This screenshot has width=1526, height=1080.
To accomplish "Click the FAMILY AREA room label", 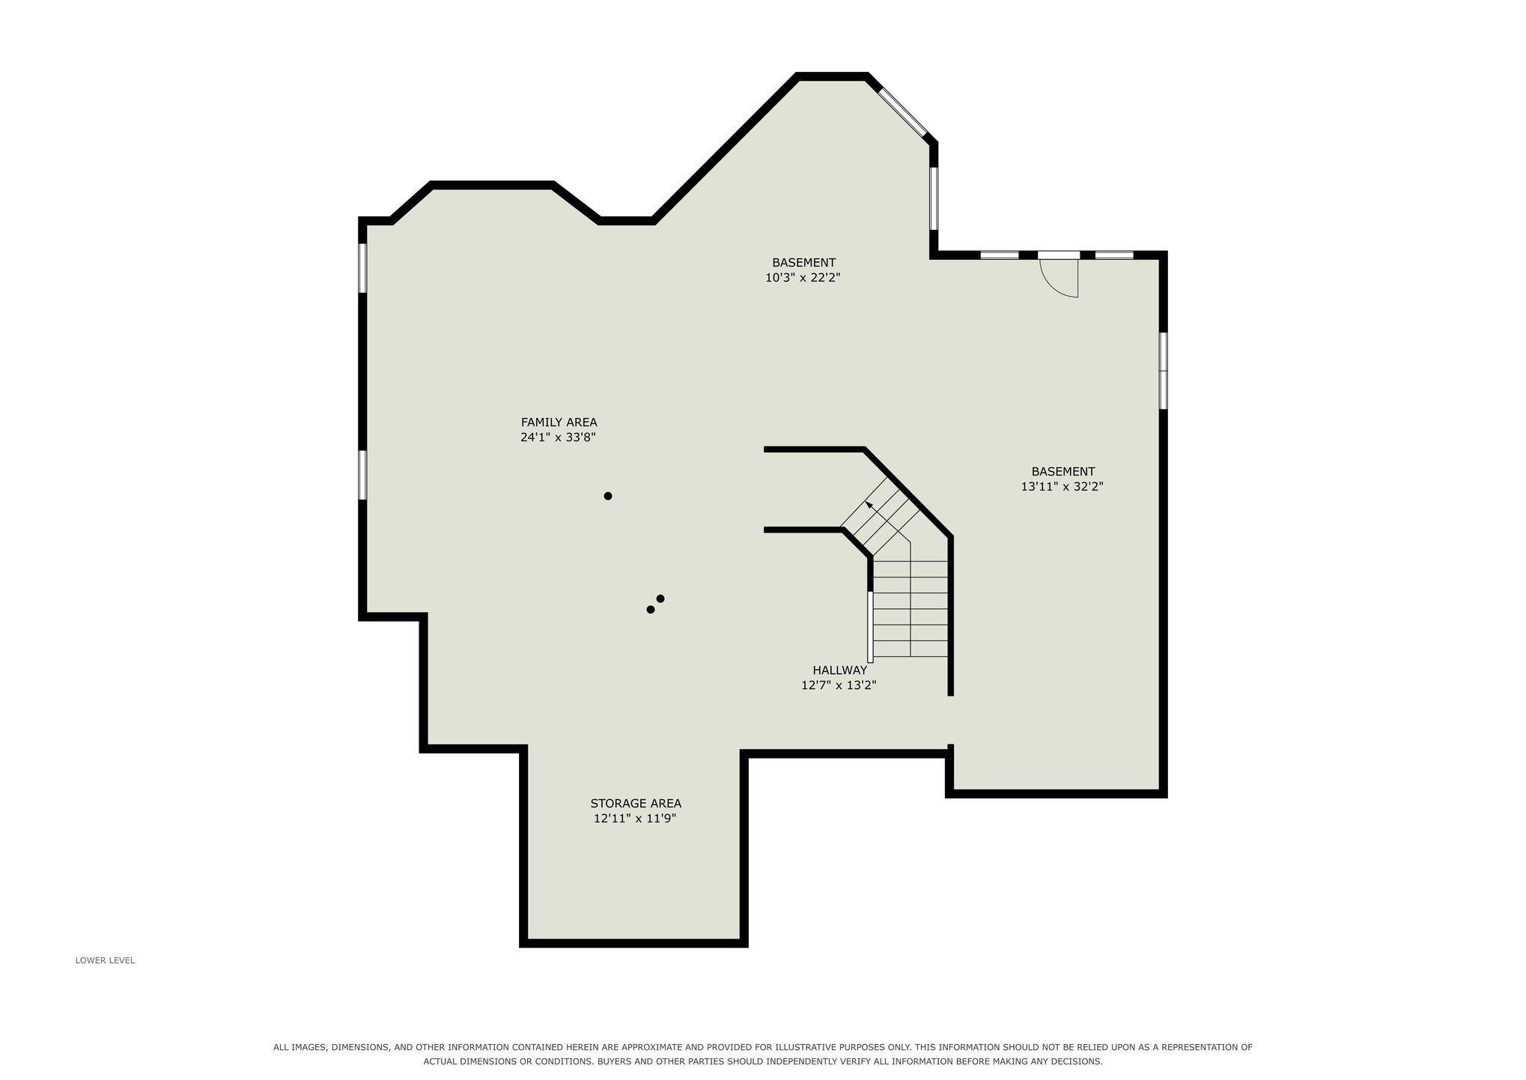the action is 559,422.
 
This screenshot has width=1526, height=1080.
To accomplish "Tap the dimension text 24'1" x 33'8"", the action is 558,437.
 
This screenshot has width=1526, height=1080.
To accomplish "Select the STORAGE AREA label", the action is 636,804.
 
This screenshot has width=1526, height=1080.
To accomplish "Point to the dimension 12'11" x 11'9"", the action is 635,819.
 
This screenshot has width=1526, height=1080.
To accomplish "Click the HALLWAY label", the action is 839,670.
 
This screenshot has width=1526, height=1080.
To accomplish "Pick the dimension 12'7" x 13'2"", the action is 839,685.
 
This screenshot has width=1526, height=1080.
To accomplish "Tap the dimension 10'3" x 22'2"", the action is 803,278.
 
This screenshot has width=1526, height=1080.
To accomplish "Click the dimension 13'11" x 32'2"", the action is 1063,487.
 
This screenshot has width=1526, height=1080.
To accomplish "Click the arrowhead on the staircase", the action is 869,506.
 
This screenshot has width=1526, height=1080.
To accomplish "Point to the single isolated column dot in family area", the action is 608,496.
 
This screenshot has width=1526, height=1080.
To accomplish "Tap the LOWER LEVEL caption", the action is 105,960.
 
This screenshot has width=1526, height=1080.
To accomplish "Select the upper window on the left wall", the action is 362,267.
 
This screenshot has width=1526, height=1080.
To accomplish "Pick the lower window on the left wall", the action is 362,474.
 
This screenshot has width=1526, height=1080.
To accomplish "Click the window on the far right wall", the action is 1164,371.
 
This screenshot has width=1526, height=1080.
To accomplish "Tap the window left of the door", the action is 1000,255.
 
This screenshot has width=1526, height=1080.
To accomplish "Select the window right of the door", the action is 1114,255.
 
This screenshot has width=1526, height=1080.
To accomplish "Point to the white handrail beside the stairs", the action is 870,627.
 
